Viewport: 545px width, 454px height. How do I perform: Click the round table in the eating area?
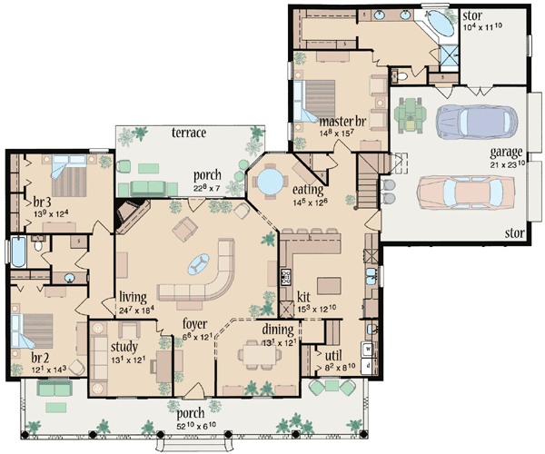point(269,183)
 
